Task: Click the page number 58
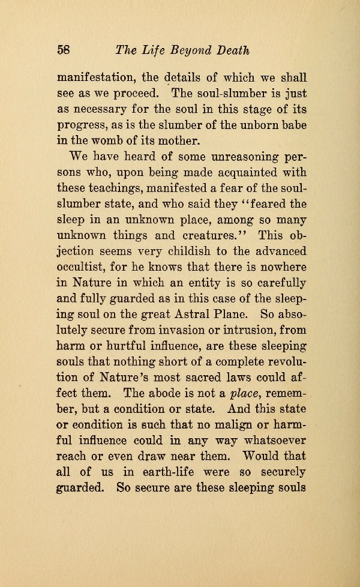[64, 50]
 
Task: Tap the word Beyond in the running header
[195, 51]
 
